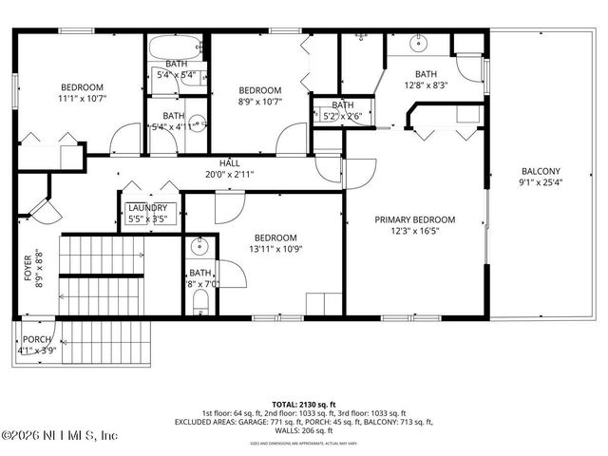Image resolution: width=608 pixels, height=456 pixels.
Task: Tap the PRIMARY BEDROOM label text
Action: (x=414, y=219)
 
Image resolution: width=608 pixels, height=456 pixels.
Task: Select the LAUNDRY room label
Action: (x=147, y=208)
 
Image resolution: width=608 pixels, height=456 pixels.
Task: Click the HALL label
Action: (x=230, y=162)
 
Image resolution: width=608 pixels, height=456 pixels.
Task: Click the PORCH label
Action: (x=37, y=339)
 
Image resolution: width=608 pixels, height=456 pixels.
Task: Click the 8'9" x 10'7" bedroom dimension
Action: (x=260, y=102)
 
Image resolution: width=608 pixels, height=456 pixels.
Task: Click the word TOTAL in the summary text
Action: (x=285, y=404)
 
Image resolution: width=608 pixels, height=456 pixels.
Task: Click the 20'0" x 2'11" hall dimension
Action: (x=230, y=174)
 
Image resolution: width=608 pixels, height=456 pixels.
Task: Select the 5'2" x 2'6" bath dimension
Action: (x=343, y=117)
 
